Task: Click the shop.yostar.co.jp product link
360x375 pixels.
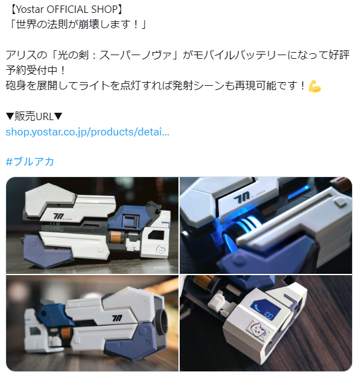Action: (x=87, y=132)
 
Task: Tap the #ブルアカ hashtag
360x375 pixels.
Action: (x=29, y=162)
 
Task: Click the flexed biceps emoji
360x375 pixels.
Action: (x=315, y=86)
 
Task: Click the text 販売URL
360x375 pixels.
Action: (x=34, y=116)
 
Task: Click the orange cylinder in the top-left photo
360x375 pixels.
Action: (x=117, y=237)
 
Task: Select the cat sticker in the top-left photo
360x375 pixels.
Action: (x=160, y=249)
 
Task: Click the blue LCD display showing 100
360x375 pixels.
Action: (x=264, y=309)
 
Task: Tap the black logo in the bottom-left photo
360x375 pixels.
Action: (x=117, y=318)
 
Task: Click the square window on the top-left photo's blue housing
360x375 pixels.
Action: (x=131, y=221)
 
